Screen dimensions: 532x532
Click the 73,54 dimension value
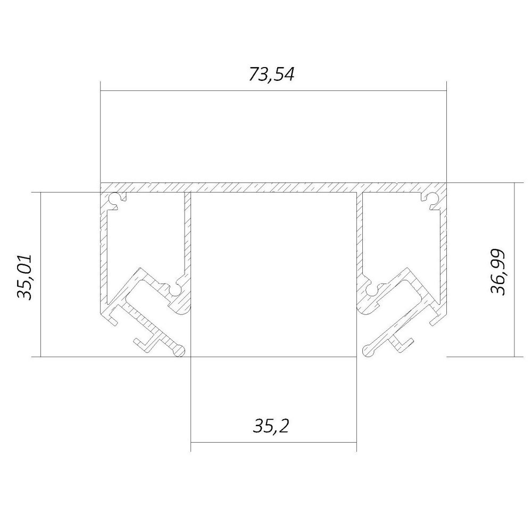[271, 74]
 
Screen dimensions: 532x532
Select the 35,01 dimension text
[25, 277]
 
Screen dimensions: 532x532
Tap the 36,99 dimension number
[498, 272]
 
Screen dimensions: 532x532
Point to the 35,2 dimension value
[271, 426]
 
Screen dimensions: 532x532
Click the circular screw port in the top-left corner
[116, 199]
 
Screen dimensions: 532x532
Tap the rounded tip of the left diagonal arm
[180, 351]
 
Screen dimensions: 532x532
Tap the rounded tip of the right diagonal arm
[368, 351]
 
